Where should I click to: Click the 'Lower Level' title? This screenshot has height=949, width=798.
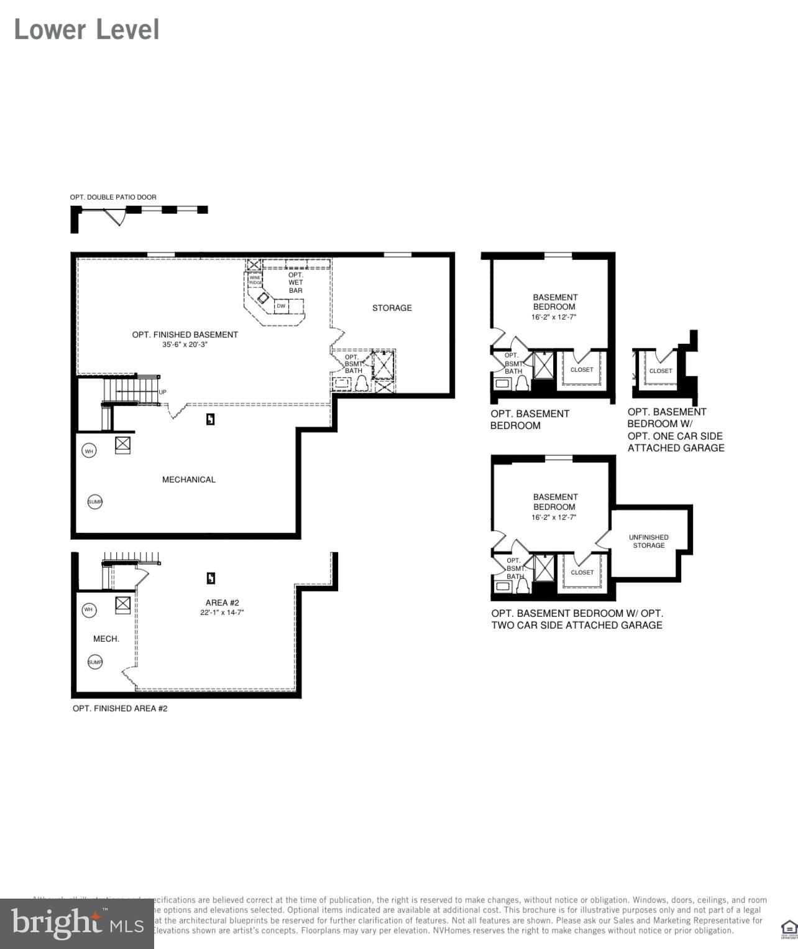[86, 30]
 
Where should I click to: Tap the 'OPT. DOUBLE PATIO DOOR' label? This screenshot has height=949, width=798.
[113, 197]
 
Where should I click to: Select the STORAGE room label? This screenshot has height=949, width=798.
[392, 308]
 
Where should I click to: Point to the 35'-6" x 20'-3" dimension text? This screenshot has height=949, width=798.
[185, 344]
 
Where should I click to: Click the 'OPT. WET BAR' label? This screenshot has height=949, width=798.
[296, 282]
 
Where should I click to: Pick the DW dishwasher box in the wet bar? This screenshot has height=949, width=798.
[281, 306]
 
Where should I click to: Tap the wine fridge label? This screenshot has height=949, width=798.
[255, 280]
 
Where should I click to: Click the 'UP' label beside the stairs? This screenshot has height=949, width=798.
[162, 392]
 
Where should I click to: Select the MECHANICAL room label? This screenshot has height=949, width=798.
[188, 479]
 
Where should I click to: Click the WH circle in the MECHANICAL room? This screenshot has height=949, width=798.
[89, 451]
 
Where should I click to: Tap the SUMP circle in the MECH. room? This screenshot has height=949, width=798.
[95, 662]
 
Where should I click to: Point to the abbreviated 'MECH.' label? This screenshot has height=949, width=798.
[106, 639]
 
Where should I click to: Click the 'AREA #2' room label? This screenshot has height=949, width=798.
[222, 603]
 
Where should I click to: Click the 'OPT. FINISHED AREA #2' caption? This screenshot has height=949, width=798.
[120, 708]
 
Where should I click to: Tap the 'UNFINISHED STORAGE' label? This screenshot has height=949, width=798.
[648, 541]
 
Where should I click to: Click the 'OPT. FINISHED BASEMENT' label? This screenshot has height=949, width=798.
[185, 335]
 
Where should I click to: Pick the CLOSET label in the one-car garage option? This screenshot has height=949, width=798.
[661, 371]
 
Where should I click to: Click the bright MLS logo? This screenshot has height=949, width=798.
[77, 924]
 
